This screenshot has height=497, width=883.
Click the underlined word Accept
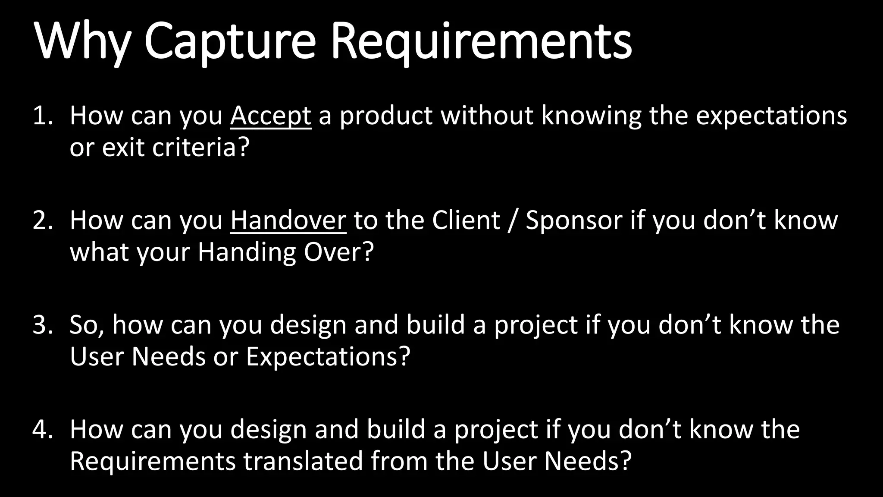(270, 116)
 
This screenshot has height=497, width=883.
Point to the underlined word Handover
(288, 220)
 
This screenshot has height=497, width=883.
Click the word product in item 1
(386, 116)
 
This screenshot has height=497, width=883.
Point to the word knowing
(591, 116)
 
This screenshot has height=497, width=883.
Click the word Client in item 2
(466, 220)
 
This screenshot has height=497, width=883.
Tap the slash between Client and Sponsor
(513, 220)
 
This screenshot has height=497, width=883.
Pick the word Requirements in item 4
(153, 461)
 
